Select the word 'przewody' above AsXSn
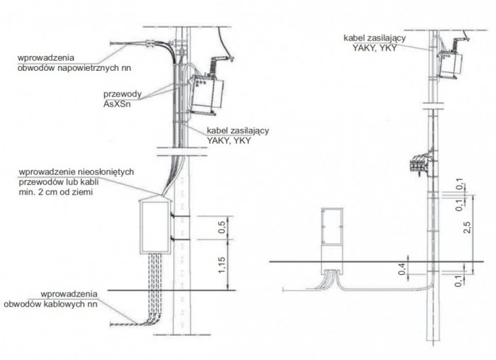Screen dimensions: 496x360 point(122,94)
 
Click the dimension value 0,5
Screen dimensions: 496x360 point(222,227)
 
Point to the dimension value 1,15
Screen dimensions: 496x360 point(222,265)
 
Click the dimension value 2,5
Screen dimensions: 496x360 point(467,227)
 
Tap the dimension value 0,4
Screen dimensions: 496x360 point(402,269)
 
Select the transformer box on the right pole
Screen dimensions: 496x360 point(449,66)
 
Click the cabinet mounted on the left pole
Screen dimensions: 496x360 point(156,226)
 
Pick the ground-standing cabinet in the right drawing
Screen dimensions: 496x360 point(332,240)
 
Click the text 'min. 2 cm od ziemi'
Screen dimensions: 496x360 point(56,192)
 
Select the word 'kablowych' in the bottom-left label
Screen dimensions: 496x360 point(62,304)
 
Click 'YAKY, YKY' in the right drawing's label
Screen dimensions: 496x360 point(375,47)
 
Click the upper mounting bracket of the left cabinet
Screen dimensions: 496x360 point(181,216)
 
